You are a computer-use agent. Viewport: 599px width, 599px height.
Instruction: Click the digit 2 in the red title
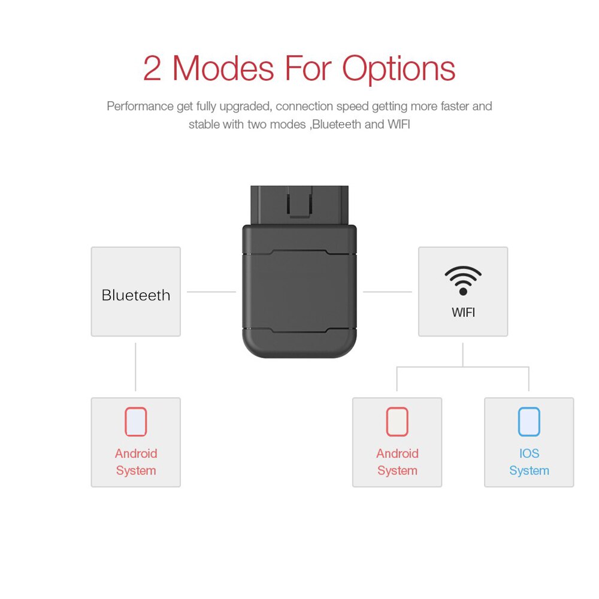[x=152, y=68]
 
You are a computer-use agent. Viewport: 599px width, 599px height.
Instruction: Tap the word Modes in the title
[x=223, y=68]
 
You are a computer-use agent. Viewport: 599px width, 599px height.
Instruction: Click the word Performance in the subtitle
[x=140, y=107]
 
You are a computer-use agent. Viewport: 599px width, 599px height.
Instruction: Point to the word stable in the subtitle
[x=204, y=125]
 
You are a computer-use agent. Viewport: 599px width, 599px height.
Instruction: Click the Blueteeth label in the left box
[x=136, y=295]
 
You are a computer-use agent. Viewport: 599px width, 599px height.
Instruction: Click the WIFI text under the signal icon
[x=463, y=312]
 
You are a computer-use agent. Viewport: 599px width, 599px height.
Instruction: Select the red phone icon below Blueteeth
[x=136, y=422]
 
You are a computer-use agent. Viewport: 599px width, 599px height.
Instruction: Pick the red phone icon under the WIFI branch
[x=397, y=422]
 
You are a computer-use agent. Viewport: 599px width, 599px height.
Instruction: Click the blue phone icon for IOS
[x=529, y=422]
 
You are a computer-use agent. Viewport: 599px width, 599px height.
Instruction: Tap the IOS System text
[x=529, y=462]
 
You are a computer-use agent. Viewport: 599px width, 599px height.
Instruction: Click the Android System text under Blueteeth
[x=136, y=462]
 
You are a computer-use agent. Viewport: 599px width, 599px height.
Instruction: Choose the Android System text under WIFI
[x=397, y=462]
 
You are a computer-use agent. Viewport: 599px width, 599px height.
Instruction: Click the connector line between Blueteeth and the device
[x=211, y=292]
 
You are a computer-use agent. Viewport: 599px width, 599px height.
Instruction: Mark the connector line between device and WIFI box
[x=388, y=292]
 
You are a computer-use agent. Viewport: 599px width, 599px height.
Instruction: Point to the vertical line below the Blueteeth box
[x=136, y=367]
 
